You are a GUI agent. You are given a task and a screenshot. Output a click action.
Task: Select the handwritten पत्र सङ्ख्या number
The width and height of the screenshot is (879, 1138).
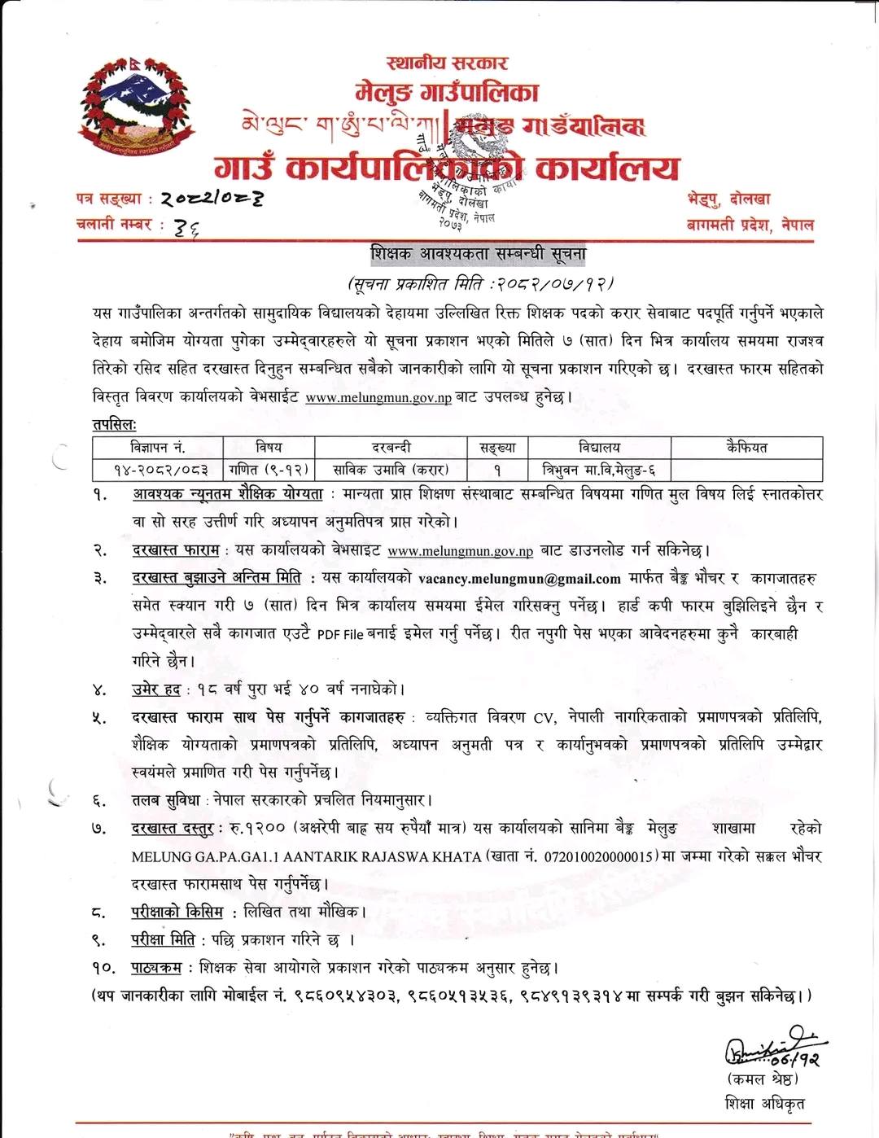click(211, 198)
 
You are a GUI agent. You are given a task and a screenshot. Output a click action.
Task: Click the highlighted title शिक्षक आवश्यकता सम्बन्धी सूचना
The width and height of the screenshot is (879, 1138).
click(479, 255)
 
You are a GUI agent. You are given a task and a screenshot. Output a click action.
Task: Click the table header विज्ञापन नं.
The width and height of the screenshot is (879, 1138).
click(157, 448)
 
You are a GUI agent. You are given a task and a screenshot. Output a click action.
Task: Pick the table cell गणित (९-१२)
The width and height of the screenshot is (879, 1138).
click(268, 470)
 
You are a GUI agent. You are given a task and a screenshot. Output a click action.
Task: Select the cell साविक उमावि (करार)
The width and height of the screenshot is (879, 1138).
click(391, 470)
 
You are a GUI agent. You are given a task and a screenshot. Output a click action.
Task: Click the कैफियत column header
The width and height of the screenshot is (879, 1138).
click(746, 448)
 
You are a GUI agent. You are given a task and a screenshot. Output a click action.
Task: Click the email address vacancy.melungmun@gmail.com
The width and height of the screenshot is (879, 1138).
click(519, 579)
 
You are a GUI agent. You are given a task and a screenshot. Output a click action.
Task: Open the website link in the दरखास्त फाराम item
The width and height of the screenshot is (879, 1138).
click(460, 551)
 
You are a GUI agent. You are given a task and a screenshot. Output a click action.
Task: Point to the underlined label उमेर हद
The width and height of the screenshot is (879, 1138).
click(156, 689)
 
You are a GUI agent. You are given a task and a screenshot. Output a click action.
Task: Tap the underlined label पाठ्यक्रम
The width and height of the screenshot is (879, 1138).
click(156, 968)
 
